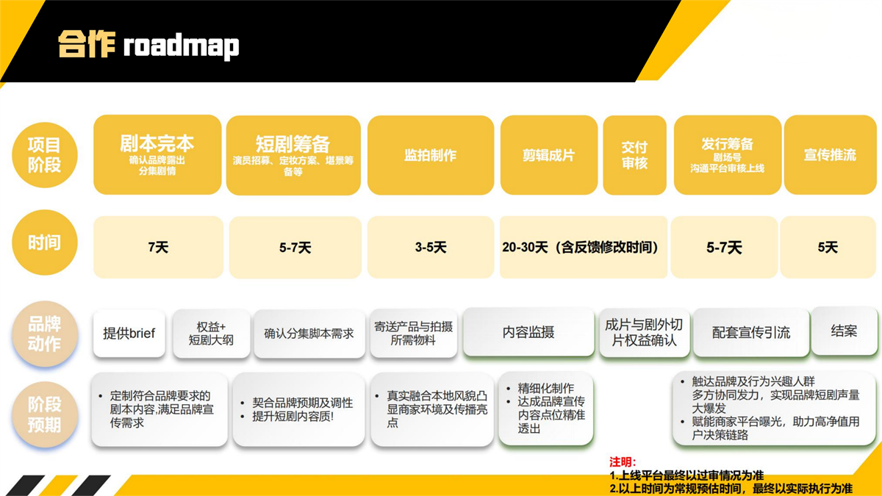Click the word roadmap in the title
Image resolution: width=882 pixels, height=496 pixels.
(181, 46)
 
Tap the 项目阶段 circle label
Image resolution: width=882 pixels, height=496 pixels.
(45, 155)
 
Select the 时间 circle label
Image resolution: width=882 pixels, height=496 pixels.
(45, 243)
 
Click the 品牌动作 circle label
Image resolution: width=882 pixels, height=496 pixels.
(45, 334)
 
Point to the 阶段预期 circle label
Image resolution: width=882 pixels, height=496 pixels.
(45, 414)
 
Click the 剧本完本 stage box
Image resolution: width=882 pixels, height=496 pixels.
(157, 154)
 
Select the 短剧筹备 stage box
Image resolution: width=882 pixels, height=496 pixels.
(293, 155)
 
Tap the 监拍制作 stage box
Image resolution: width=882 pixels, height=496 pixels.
(430, 155)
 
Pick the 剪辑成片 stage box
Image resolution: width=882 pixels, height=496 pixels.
(548, 155)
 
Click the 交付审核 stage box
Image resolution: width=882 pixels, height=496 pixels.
(634, 155)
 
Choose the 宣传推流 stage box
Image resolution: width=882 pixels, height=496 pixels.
(830, 155)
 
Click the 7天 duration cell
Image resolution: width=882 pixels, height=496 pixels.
(158, 248)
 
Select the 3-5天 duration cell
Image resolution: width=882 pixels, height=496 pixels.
(430, 248)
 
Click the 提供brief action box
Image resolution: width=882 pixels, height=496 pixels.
(129, 333)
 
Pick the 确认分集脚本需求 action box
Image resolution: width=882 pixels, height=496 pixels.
(309, 333)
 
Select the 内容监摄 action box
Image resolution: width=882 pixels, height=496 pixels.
(528, 332)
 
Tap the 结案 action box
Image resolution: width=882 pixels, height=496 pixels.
(844, 331)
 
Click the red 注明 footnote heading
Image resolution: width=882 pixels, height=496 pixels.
(623, 461)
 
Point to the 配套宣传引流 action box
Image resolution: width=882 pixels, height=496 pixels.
(750, 332)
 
